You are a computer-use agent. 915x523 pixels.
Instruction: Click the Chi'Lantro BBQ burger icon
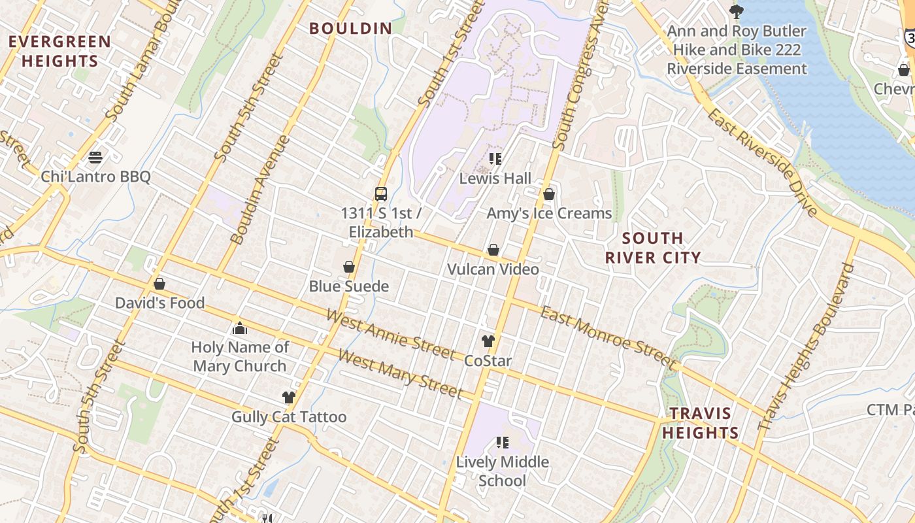(95, 157)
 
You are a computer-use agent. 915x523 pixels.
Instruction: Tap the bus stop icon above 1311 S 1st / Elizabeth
(381, 194)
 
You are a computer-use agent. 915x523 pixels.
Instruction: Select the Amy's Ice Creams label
(549, 214)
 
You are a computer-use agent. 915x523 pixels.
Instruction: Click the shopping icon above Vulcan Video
(493, 250)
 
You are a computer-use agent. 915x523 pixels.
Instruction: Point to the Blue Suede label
(349, 286)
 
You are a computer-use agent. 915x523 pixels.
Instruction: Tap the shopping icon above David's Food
(159, 284)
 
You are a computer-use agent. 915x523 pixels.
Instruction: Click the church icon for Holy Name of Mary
(240, 328)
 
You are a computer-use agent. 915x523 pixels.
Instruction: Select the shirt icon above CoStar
(488, 341)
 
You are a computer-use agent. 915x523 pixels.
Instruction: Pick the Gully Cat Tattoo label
(289, 417)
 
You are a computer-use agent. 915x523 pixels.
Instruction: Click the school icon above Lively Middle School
(502, 443)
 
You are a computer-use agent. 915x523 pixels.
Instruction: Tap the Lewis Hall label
(495, 178)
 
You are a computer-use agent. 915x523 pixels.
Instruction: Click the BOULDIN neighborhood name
(351, 29)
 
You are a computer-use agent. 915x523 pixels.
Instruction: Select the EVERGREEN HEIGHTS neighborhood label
(59, 52)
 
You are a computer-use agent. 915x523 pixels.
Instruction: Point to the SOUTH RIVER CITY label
(652, 248)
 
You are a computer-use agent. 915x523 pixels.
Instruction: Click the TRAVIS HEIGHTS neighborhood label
(700, 423)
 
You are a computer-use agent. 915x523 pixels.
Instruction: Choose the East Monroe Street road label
(608, 337)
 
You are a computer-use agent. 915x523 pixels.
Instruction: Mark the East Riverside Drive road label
(762, 161)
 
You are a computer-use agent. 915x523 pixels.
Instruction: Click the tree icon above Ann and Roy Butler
(737, 11)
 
